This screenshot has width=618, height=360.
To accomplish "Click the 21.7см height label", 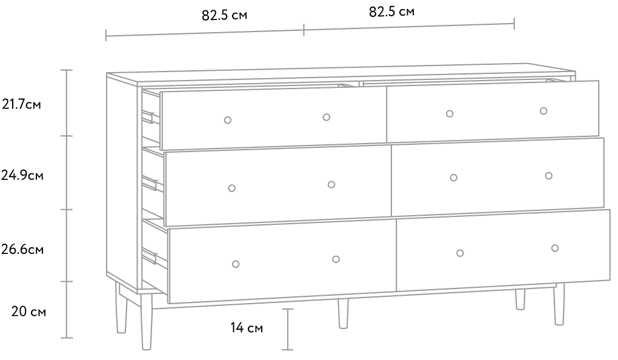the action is tap(21, 104).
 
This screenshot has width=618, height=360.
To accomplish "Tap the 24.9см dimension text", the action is tap(22, 175).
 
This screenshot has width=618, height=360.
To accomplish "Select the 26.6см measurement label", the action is tap(22, 250).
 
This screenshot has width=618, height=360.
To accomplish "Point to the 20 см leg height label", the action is tap(28, 312).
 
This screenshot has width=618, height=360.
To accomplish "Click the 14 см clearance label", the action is tap(247, 327).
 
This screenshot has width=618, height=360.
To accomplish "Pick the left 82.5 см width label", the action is tap(225, 15).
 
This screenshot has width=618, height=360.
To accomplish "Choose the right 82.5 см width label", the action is tap(392, 12).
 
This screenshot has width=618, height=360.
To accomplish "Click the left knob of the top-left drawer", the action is tap(227, 120).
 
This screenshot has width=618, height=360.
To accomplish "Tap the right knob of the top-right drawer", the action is tap(543, 111).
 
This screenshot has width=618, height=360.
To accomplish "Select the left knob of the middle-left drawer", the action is tap(231, 188).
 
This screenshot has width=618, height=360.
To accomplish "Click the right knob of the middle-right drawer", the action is tap(549, 176).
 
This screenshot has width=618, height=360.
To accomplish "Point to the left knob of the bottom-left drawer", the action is tap(236, 264).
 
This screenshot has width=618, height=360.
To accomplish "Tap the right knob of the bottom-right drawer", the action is tap(555, 248).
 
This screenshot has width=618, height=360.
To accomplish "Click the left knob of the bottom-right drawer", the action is tap(460, 253).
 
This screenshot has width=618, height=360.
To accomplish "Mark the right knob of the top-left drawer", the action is tap(327, 117).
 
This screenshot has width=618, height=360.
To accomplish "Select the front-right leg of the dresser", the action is tap(559, 304).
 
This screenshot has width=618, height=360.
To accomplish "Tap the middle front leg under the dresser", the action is tap(344, 313).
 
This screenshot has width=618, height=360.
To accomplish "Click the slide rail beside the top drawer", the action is tap(149, 117).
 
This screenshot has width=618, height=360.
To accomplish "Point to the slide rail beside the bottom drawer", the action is tap(150, 256).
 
